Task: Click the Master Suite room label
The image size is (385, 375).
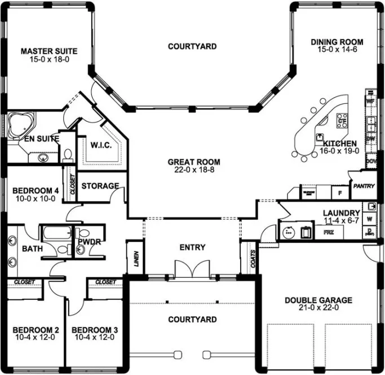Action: pos(49,51)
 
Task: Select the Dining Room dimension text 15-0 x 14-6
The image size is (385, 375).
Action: pos(337,50)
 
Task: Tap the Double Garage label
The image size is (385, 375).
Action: pos(318,300)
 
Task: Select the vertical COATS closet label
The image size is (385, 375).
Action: pos(252,259)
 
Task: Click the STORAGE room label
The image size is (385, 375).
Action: pos(100,186)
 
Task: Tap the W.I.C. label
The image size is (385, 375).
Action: pos(101,145)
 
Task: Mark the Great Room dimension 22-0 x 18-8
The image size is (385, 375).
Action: pos(192,170)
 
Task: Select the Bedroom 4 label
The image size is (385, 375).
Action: pos(35,190)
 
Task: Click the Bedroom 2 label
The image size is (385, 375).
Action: pos(36,330)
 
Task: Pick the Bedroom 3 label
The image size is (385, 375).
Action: pos(94,330)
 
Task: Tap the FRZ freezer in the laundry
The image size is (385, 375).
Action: pos(328,232)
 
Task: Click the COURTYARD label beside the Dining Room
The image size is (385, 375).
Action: pos(192,46)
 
